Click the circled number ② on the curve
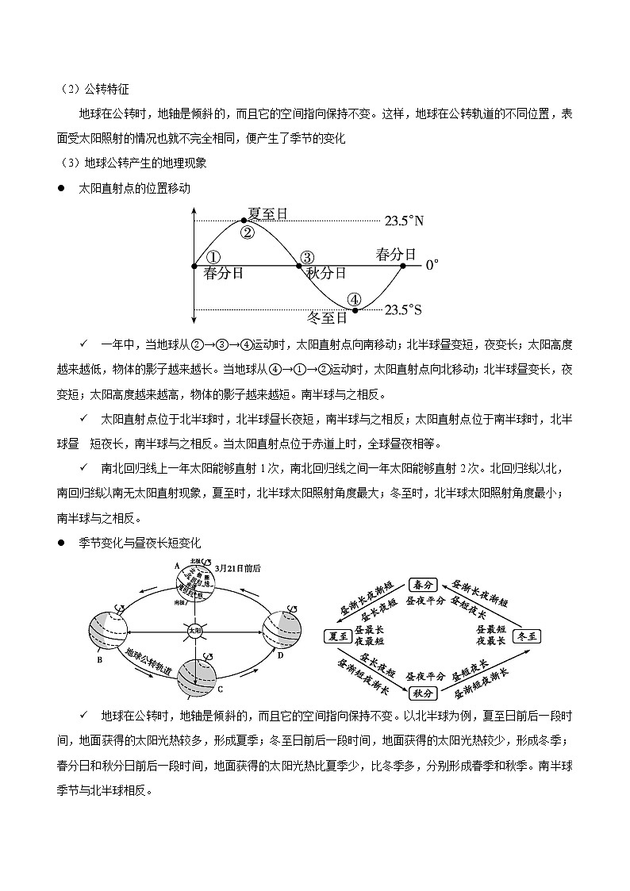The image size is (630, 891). tap(247, 232)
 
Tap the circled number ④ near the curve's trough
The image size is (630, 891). tap(355, 299)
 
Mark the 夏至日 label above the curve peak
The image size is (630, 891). tap(267, 213)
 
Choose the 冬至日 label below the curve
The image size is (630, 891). tap(327, 318)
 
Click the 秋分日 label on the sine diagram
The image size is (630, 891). tap(326, 274)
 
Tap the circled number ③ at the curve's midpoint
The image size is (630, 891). tap(307, 256)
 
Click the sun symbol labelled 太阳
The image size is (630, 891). tap(195, 631)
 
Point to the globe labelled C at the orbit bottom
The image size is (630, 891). tap(195, 675)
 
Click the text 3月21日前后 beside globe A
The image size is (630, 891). tap(238, 568)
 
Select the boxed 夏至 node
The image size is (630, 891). tap(337, 636)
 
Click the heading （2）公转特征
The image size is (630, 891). tap(89, 90)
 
